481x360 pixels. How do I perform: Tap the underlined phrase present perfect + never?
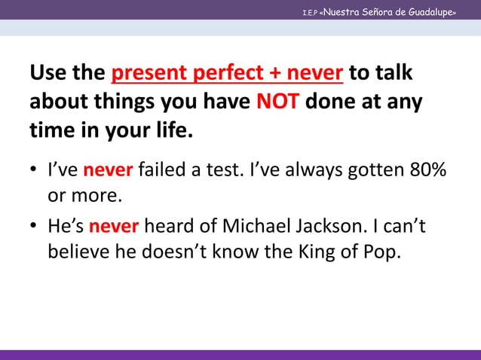228,73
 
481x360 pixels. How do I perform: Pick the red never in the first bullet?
108,170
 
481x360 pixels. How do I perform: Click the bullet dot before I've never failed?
35,171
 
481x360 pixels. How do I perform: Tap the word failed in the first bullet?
161,170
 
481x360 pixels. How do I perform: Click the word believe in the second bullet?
79,252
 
